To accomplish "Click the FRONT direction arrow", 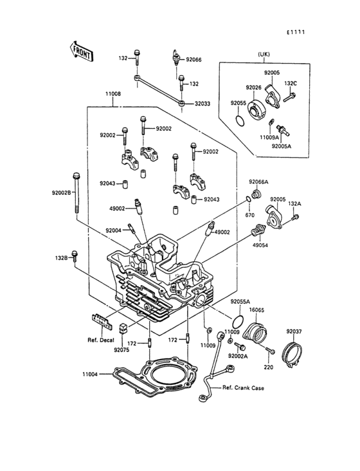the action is coord(81,51).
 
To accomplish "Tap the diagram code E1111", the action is coord(295,32).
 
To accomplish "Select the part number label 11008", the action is coord(113,94).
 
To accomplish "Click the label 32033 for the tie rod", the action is coord(203,104).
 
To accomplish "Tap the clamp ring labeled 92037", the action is coord(293,353).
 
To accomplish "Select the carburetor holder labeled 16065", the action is coord(256,333).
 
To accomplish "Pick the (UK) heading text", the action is coord(264,54).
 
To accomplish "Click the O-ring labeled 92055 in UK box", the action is coord(240,120).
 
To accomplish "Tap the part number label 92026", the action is coord(253,88).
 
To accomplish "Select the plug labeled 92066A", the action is coord(256,194).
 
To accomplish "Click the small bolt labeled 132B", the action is coord(75,256).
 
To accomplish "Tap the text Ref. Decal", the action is coord(101,340).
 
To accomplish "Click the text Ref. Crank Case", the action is coord(243,388).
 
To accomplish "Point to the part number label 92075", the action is coord(122,349).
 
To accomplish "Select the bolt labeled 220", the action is coord(271,350).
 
